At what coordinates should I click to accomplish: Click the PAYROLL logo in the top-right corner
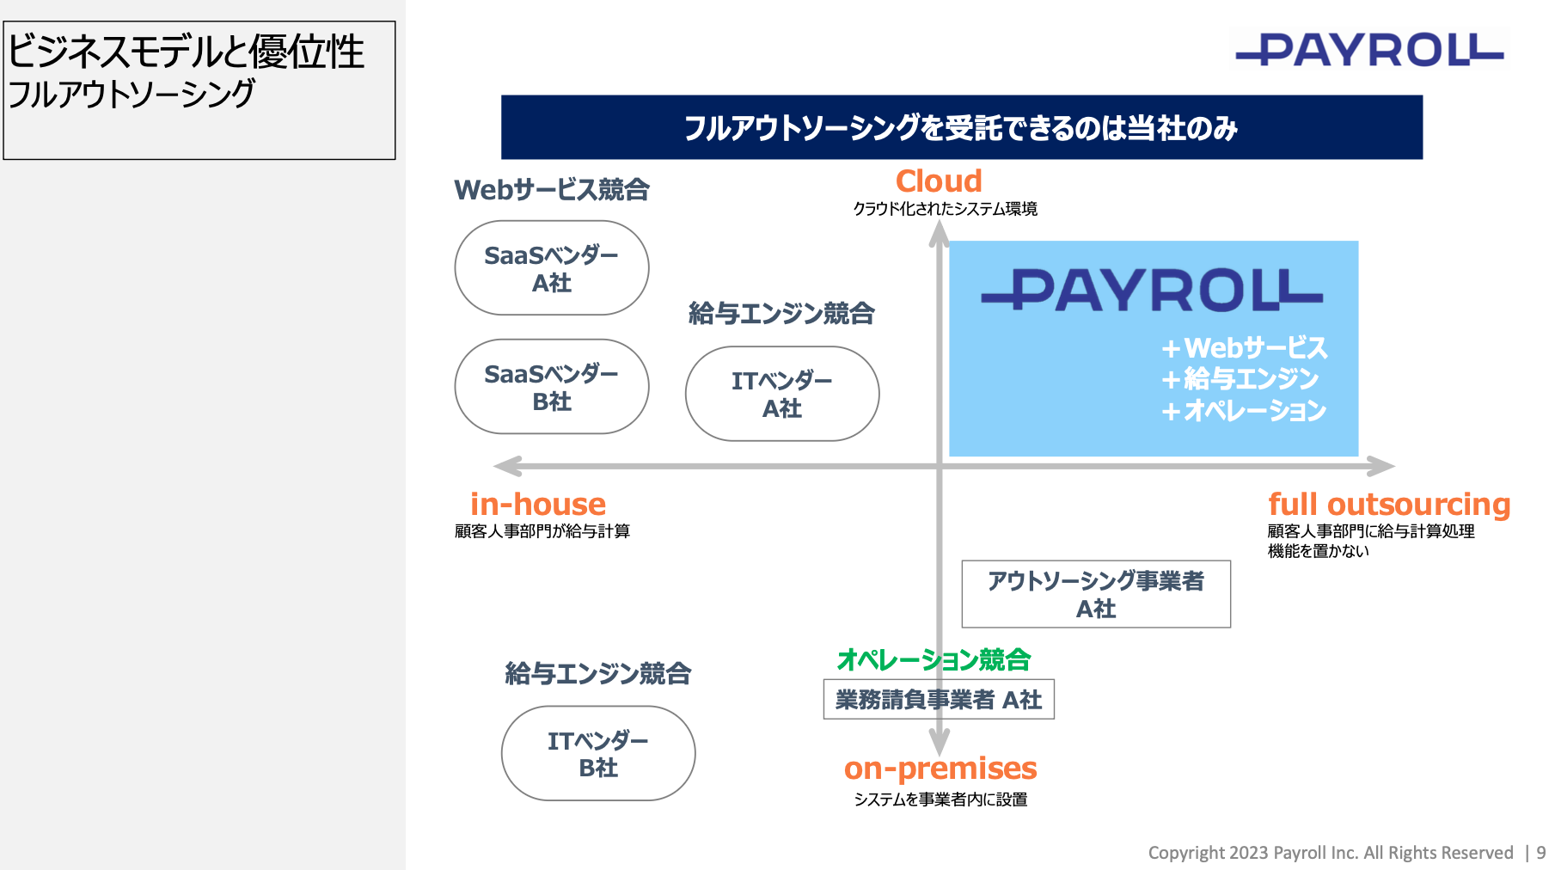point(1369,49)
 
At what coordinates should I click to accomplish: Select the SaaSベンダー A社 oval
point(552,268)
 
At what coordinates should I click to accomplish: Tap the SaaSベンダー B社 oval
point(552,387)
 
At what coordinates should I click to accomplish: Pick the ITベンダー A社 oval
point(782,394)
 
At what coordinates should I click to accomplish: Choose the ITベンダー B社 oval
point(598,753)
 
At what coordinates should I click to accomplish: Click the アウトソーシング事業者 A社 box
point(1096,594)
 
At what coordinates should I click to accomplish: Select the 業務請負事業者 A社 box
point(939,699)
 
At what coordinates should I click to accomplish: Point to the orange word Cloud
point(939,181)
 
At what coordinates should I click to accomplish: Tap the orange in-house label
point(538,504)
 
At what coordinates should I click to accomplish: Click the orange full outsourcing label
point(1389,504)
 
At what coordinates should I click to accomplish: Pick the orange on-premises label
point(940,769)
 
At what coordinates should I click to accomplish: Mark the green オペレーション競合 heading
point(934,659)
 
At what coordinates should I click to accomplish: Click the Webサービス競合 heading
point(552,189)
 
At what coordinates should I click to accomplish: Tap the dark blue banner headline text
point(961,128)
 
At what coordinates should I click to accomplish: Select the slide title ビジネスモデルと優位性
point(186,52)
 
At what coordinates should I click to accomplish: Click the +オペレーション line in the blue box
point(1243,411)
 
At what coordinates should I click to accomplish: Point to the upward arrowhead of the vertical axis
point(940,233)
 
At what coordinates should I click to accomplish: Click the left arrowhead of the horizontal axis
point(508,466)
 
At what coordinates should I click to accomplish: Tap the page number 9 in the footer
point(1541,853)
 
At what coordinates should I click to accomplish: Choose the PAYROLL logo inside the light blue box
point(1152,290)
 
